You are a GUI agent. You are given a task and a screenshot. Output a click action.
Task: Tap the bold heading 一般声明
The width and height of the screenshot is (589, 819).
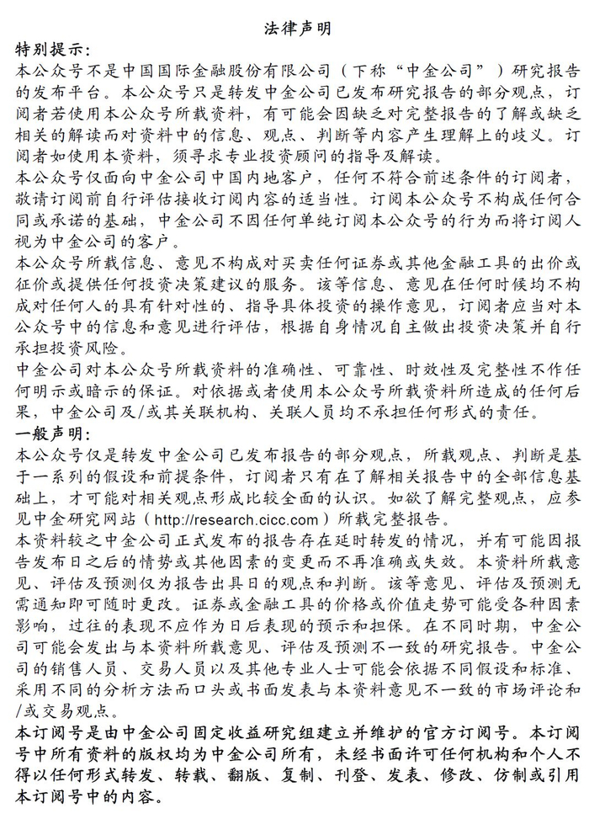[50, 433]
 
